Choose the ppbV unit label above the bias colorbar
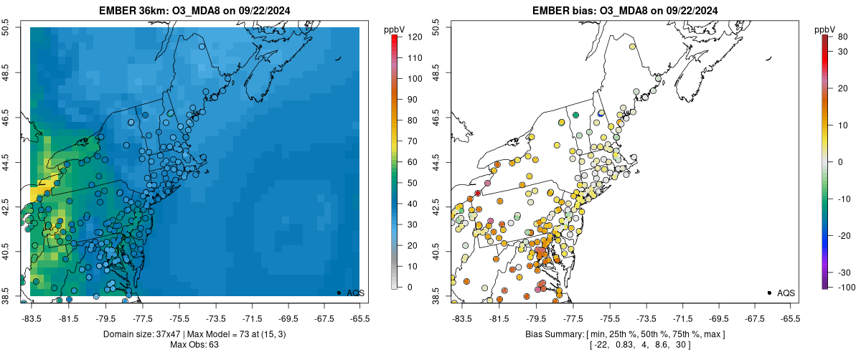coord(826,29)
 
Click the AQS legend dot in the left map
coord(339,293)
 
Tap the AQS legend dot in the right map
coord(769,293)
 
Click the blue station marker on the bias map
coord(601,113)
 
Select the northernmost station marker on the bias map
coord(632,47)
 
